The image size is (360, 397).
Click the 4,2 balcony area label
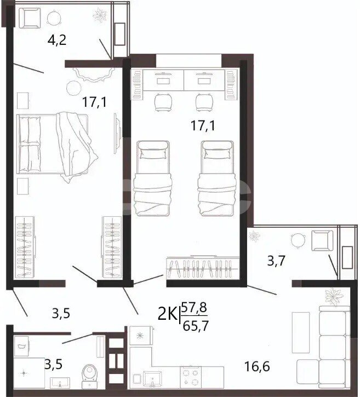coord(57,40)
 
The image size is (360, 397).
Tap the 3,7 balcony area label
coord(276,261)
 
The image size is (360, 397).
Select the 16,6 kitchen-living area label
coord(257,366)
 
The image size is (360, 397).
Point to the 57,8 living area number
coord(195,308)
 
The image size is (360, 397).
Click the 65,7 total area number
coord(196,326)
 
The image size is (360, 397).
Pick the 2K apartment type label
coord(168,314)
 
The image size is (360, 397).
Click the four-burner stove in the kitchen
coord(191,377)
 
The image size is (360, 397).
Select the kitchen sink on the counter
coord(152,379)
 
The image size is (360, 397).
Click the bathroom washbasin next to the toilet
coord(60,383)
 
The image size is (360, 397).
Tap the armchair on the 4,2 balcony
coord(30,18)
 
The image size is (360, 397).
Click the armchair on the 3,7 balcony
coord(322,240)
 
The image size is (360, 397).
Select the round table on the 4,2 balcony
coord(54,18)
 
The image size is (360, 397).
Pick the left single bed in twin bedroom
coord(153,179)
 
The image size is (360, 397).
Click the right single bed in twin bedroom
coord(217,179)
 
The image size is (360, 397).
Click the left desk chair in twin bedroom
coord(163,102)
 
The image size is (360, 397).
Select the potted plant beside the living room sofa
coord(334,297)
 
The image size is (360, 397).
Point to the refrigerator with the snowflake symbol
coord(141,336)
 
